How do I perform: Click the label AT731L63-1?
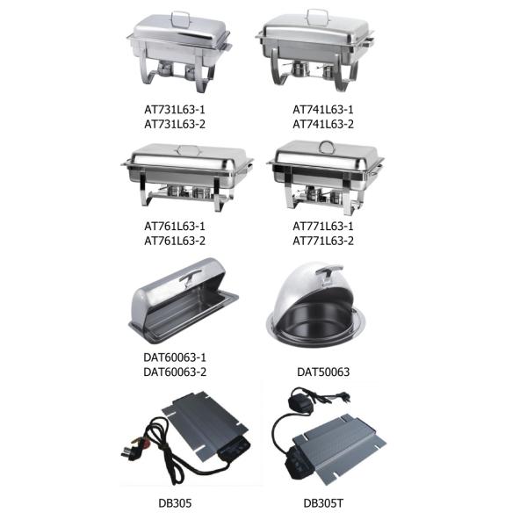point(175,110)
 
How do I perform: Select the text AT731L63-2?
point(175,125)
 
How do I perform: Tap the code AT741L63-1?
point(323,110)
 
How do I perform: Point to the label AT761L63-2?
point(175,241)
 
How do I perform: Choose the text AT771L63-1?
point(323,227)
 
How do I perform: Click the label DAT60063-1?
point(175,357)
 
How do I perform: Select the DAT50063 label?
point(323,372)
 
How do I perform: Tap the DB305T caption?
point(323,503)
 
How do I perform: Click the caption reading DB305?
point(175,503)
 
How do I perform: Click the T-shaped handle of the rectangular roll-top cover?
point(189,275)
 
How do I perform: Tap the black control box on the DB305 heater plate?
point(235,448)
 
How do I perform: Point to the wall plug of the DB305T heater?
point(341,397)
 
